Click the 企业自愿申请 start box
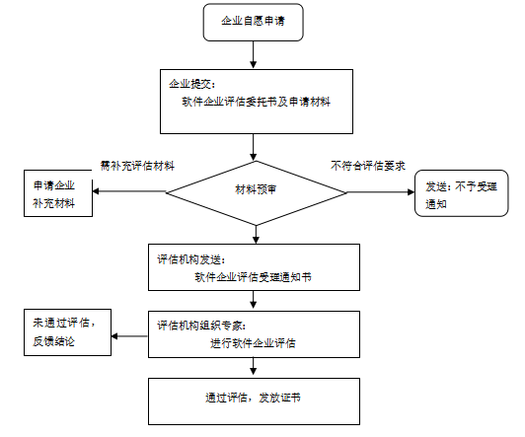tap(254, 22)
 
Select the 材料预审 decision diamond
tap(255, 189)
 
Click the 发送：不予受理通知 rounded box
tap(457, 194)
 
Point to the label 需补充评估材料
tap(137, 165)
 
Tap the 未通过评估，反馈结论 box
tap(68, 331)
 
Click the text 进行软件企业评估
tap(254, 342)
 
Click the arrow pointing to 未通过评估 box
tap(130, 336)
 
